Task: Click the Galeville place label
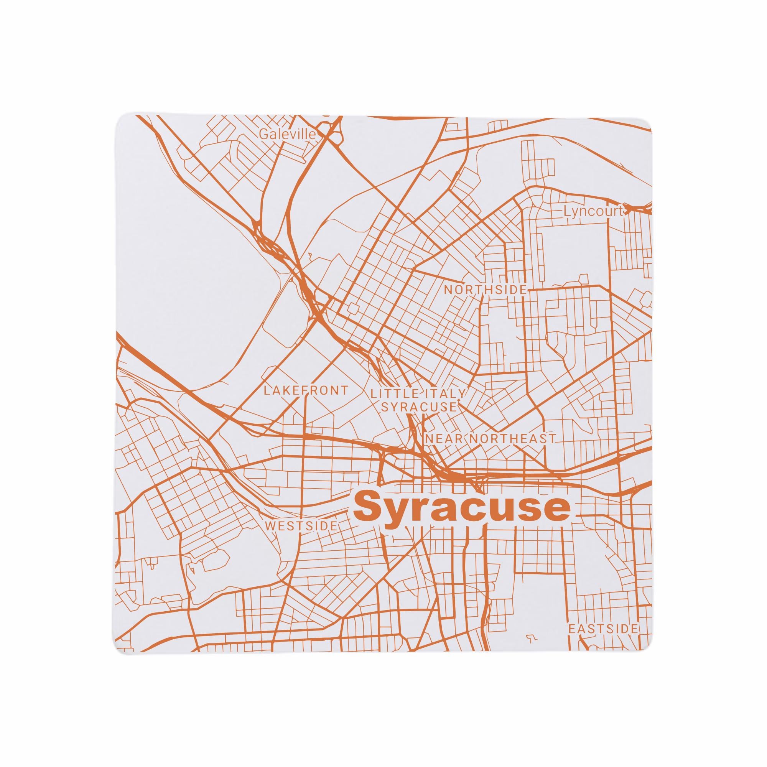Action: click(x=287, y=134)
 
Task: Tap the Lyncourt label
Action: click(x=594, y=212)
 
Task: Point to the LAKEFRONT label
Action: click(x=306, y=390)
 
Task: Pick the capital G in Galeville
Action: click(x=263, y=134)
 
